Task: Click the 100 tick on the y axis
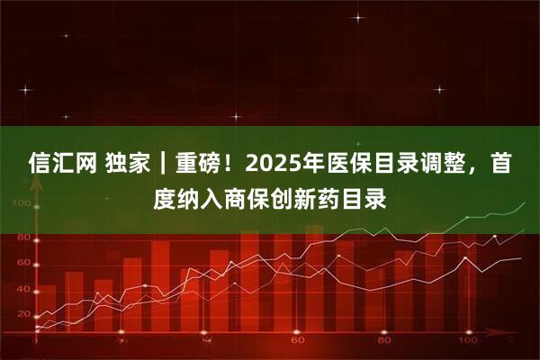[x=22, y=202]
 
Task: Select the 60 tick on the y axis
[x=22, y=262]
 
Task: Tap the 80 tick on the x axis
[x=382, y=341]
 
